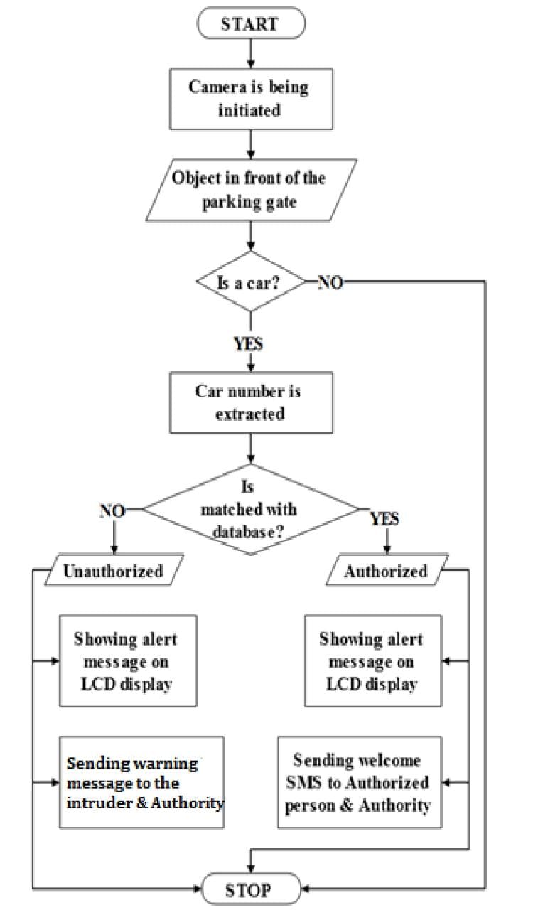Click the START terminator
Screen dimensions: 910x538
tap(250, 23)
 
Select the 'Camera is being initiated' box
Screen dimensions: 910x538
tap(249, 98)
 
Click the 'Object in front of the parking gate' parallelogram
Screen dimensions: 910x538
tap(250, 189)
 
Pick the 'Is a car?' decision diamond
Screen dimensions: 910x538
tap(249, 282)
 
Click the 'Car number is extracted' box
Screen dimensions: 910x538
tap(250, 402)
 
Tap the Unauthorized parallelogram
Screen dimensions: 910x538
tap(114, 571)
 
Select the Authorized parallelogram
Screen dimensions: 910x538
tap(387, 571)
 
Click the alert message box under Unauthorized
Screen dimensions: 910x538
tap(127, 661)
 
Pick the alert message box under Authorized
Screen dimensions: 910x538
tap(372, 661)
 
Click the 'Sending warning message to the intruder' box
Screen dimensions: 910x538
tap(141, 782)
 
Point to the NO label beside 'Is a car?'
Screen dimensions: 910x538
tap(330, 282)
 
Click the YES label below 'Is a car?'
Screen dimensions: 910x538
tap(249, 344)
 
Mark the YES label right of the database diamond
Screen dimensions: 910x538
tap(384, 519)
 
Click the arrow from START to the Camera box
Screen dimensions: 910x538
tap(250, 51)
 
